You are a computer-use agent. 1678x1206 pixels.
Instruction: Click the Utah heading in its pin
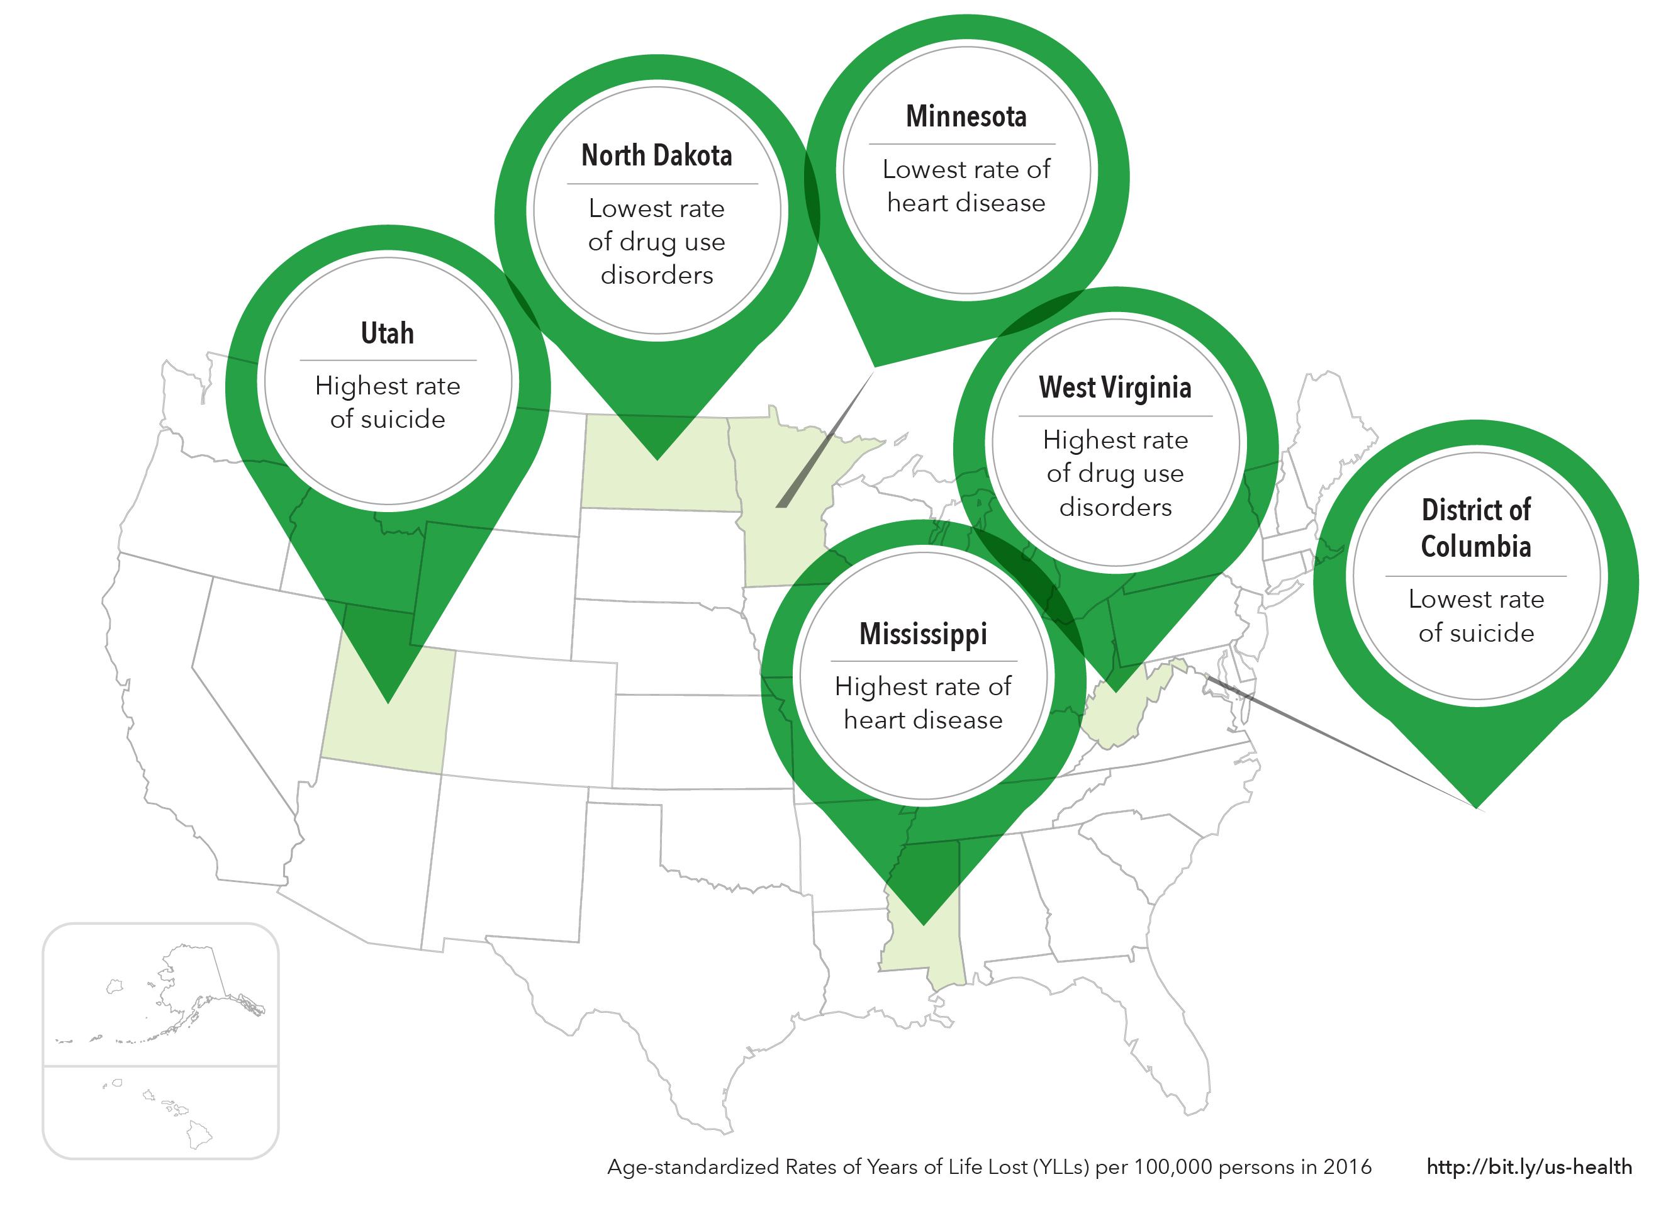point(387,333)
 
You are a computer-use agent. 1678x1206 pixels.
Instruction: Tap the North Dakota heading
point(656,156)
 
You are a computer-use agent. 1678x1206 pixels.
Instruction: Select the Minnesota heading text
point(966,117)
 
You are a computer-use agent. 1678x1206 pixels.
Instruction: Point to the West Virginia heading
point(1115,388)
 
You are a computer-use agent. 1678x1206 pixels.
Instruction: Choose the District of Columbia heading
point(1475,528)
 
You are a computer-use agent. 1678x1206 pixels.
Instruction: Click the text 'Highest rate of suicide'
point(387,403)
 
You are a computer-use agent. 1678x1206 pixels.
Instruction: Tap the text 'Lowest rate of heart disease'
point(966,186)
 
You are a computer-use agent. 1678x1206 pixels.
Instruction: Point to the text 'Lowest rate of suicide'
point(1475,615)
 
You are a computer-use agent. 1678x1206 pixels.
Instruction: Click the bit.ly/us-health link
point(1528,1167)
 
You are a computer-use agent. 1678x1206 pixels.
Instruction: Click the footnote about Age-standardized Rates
point(989,1167)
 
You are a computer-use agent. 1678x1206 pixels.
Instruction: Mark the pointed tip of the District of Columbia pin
point(1475,807)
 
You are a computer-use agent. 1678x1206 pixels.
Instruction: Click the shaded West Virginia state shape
point(1117,710)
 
